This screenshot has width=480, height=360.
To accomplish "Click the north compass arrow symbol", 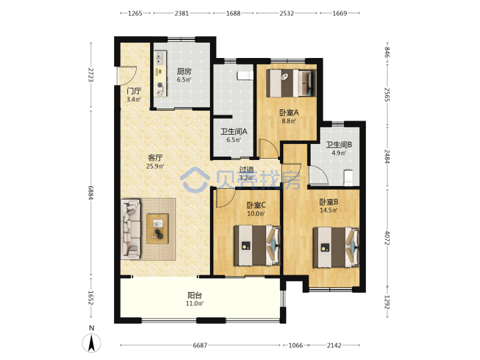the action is (91, 343).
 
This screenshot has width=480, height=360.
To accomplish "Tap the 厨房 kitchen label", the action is (184, 71).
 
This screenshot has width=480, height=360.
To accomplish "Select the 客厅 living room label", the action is (155, 158).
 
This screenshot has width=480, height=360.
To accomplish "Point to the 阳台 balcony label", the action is (195, 295).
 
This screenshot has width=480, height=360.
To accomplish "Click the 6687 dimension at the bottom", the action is (200, 345).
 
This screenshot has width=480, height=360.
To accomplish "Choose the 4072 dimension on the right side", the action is (387, 237).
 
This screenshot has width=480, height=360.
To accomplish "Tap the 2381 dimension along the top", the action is (181, 13).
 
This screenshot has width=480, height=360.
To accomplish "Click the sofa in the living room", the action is (131, 229).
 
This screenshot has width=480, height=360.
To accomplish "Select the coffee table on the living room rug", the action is (157, 229).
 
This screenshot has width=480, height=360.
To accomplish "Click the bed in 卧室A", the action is (291, 83).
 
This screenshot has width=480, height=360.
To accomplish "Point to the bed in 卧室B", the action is (336, 247).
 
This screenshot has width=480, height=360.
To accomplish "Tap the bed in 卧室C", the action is (257, 245).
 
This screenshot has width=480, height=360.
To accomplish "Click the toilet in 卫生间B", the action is (349, 178).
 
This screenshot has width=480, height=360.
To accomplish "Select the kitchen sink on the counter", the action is (160, 58).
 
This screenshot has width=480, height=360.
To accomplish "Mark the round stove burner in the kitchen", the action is (160, 85).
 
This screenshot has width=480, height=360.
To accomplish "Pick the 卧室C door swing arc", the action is (225, 198).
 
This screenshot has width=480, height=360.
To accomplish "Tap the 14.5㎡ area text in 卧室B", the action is (329, 210).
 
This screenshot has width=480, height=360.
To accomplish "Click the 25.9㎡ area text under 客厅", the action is (155, 167).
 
